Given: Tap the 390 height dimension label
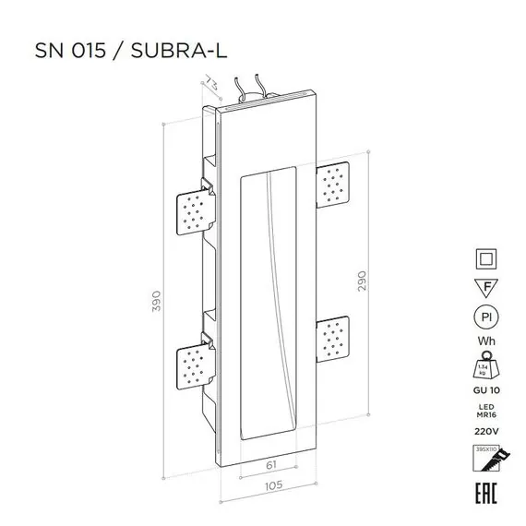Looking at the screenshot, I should tap(158, 300).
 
